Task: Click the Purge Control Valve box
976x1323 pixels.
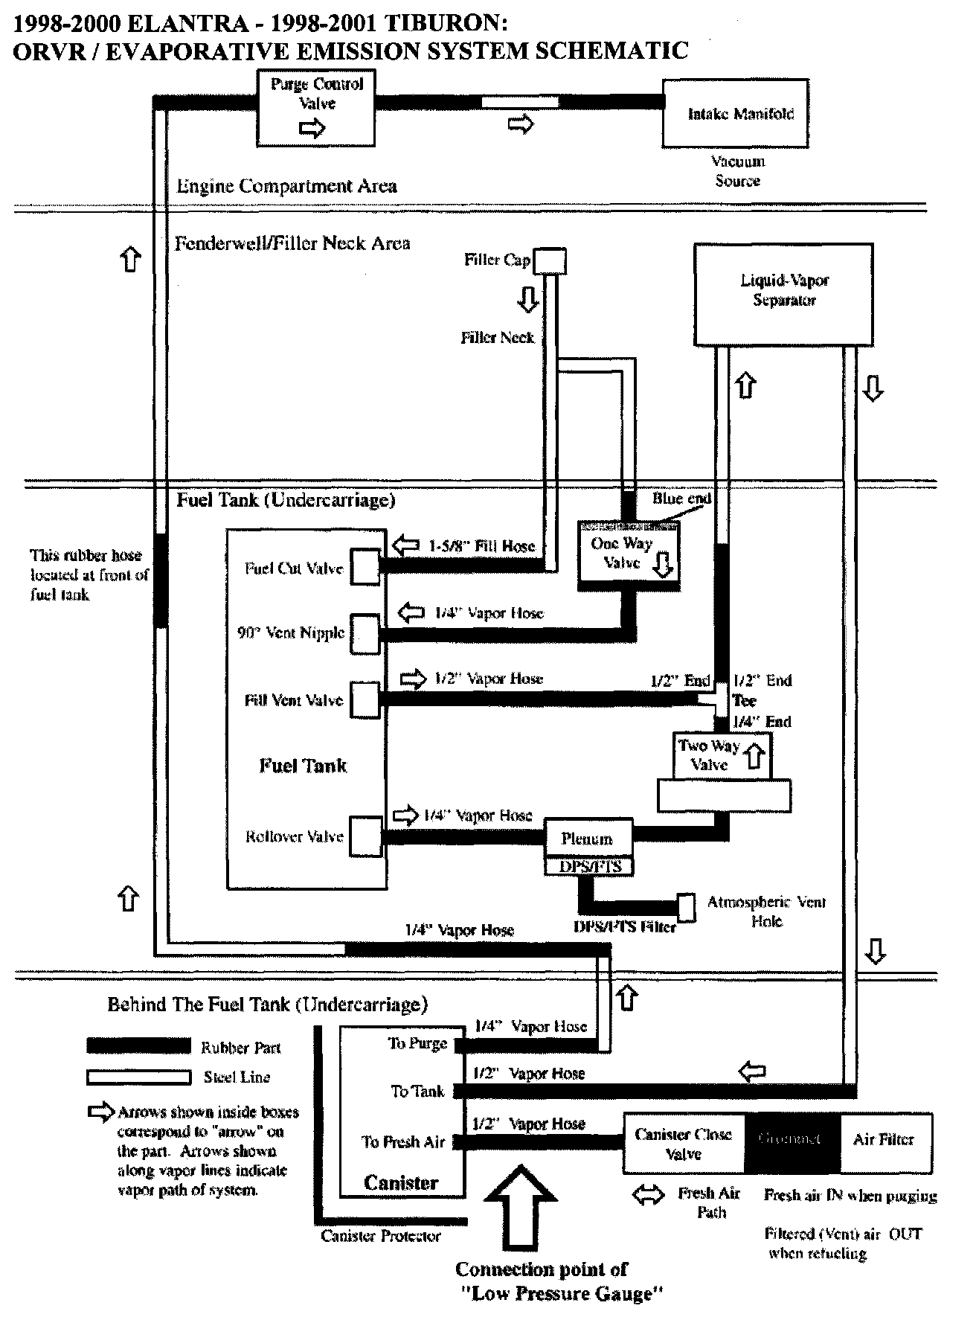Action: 315,108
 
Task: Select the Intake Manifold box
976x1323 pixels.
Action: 735,114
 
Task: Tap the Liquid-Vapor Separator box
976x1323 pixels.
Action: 783,293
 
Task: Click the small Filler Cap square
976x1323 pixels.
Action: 551,261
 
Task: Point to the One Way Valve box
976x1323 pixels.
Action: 629,555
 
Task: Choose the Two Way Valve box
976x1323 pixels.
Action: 721,756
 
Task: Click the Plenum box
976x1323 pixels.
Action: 588,839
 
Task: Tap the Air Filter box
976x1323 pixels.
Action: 885,1140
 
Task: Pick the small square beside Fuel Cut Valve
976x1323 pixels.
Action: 365,568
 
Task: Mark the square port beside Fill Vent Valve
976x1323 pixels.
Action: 365,699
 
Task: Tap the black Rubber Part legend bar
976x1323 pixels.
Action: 138,1046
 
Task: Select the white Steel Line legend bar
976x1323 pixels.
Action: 138,1077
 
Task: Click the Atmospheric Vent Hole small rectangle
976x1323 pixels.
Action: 686,907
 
